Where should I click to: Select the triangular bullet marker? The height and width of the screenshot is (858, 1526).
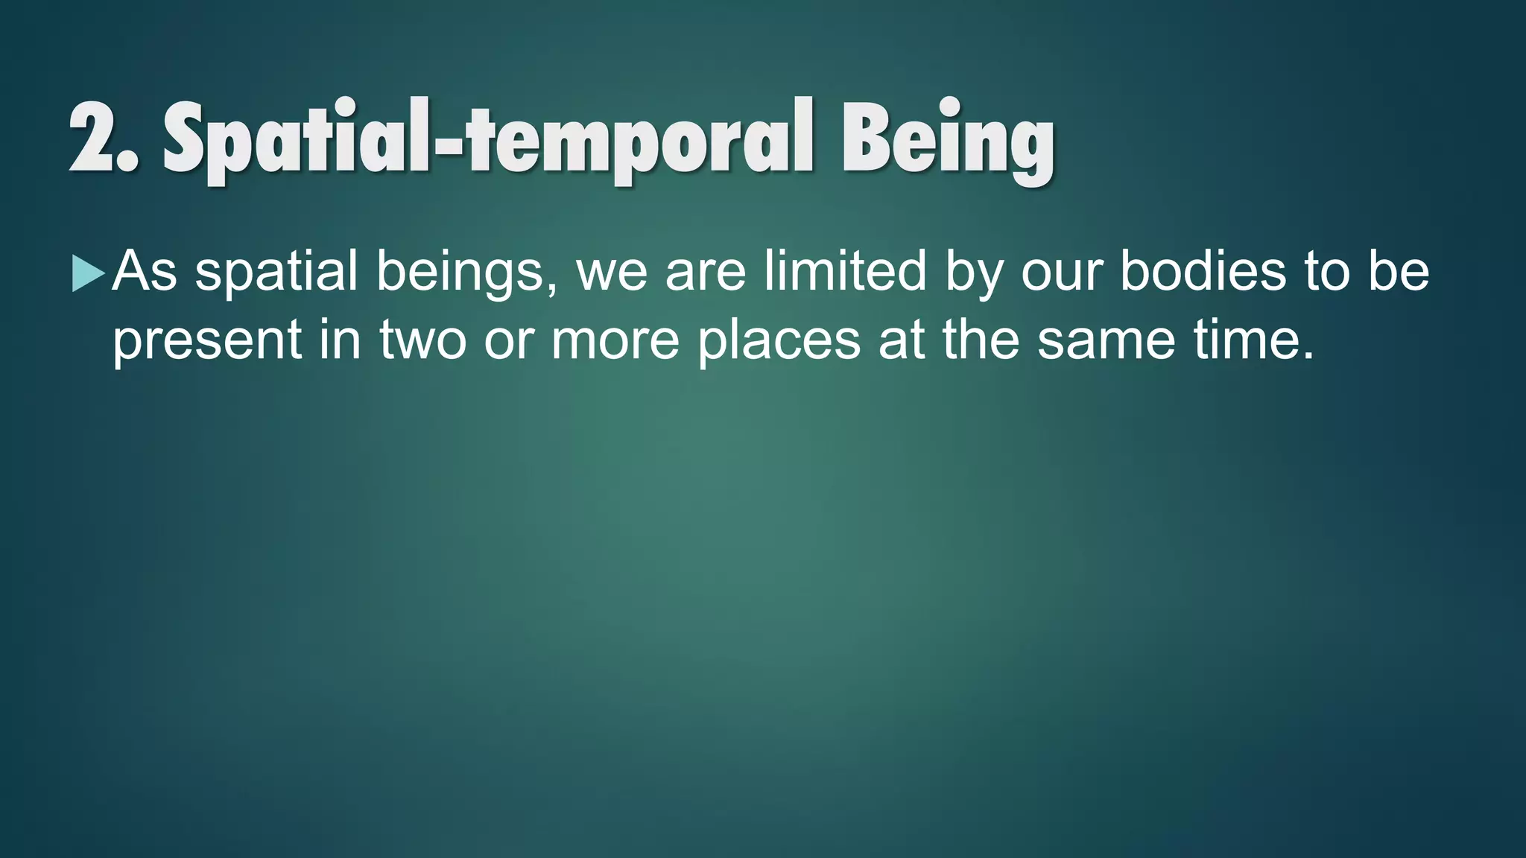pos(88,273)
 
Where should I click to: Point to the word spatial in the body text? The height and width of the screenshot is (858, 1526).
pos(276,272)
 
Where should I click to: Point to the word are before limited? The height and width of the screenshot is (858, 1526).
pos(705,272)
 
